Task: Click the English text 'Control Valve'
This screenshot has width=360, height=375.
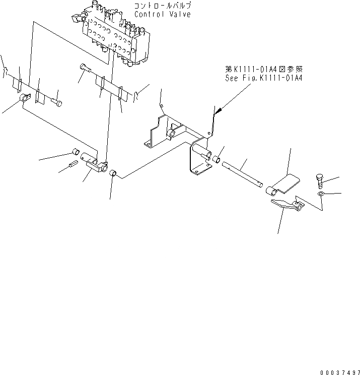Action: tap(162, 15)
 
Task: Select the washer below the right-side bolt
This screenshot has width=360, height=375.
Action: tap(321, 194)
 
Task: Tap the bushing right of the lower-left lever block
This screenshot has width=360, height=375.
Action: tap(114, 174)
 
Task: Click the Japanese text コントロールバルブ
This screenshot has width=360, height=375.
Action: tap(162, 6)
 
